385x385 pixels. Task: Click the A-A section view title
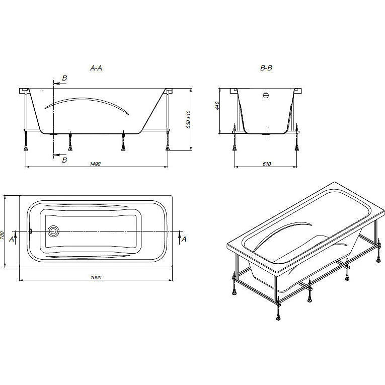96,68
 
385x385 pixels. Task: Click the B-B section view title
266,68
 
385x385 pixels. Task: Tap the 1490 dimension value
95,164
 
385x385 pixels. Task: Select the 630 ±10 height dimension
188,120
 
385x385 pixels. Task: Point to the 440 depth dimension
217,106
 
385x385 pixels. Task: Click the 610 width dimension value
267,164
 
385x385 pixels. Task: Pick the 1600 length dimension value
96,277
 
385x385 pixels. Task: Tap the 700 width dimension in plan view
2,236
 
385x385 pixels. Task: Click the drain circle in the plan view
53,231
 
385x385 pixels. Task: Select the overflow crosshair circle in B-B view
266,95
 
